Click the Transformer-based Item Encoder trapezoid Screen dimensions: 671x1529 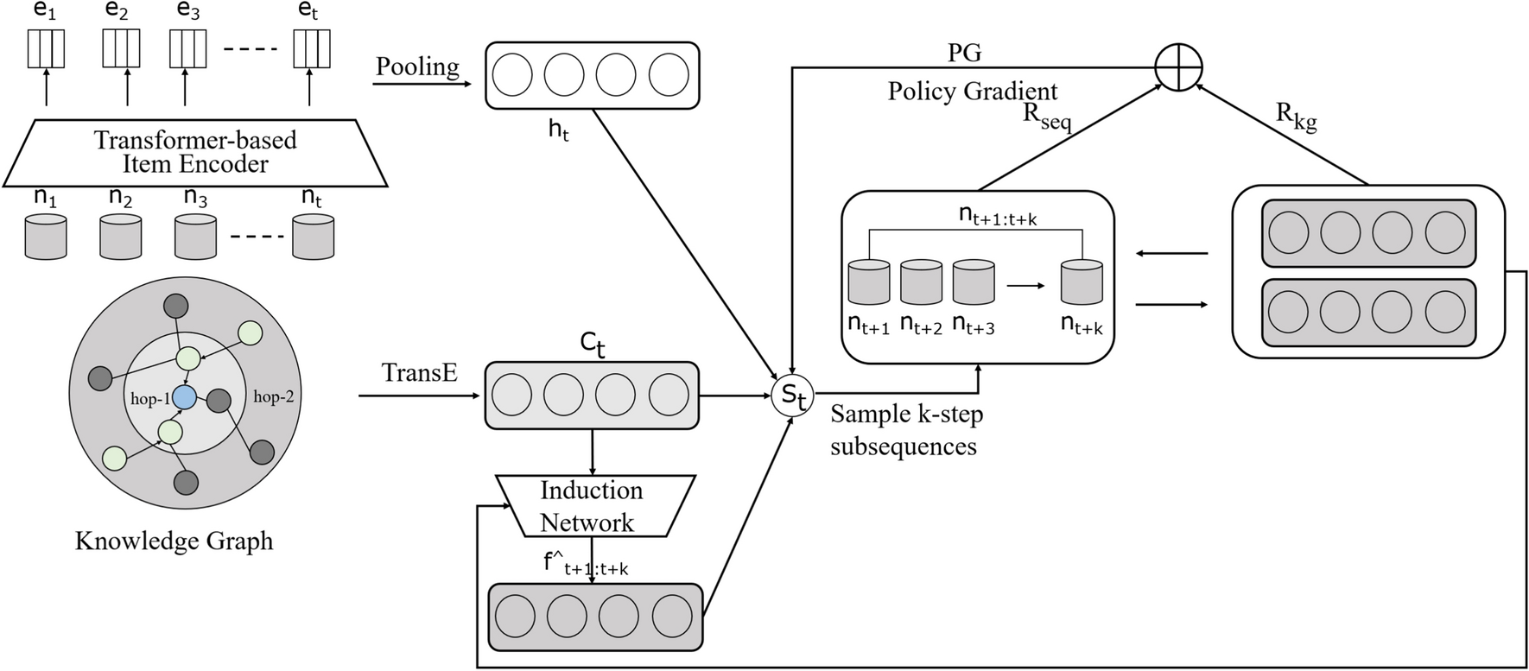pyautogui.click(x=195, y=153)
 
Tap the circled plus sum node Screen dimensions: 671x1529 pyautogui.click(x=1178, y=66)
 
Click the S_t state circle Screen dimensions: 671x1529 pyautogui.click(x=792, y=396)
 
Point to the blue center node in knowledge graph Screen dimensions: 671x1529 pyautogui.click(x=184, y=397)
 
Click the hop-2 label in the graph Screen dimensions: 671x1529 pyautogui.click(x=273, y=397)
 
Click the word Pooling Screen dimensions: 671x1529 pyautogui.click(x=418, y=66)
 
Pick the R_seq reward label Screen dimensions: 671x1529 pyautogui.click(x=1046, y=117)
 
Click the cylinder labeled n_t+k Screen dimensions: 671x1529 pyautogui.click(x=1082, y=282)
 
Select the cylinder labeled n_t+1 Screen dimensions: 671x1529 pyautogui.click(x=869, y=282)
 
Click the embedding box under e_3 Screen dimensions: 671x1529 pyautogui.click(x=187, y=48)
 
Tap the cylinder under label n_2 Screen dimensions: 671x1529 pyautogui.click(x=120, y=237)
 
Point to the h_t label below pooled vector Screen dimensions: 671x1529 pyautogui.click(x=559, y=130)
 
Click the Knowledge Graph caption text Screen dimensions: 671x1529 pyautogui.click(x=174, y=541)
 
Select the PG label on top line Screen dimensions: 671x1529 pyautogui.click(x=964, y=53)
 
